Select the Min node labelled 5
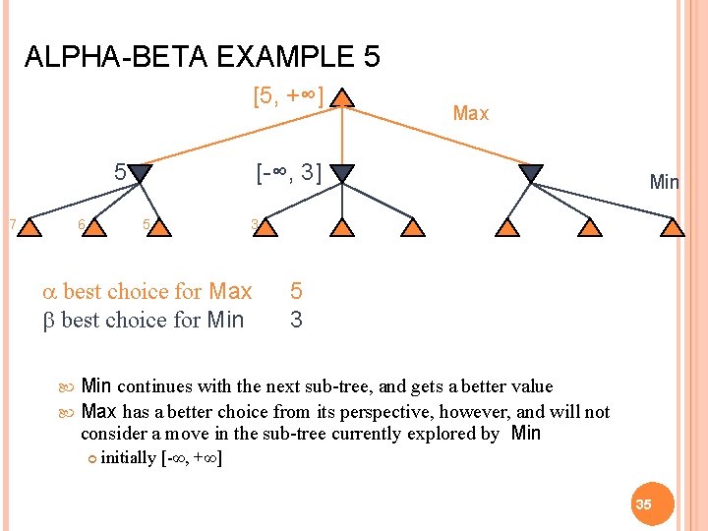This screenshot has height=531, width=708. pyautogui.click(x=141, y=174)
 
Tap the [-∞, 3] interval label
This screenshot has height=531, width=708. pyautogui.click(x=288, y=174)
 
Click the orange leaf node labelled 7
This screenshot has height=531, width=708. pyautogui.click(x=31, y=228)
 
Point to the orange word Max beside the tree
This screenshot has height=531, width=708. pyautogui.click(x=470, y=113)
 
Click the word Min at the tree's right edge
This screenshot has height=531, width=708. pyautogui.click(x=665, y=182)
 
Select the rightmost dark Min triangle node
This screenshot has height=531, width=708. pyautogui.click(x=530, y=174)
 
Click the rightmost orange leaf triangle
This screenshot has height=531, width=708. pyautogui.click(x=672, y=228)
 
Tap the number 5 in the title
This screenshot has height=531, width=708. pyautogui.click(x=371, y=57)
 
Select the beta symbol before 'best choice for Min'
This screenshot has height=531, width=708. pyautogui.click(x=50, y=320)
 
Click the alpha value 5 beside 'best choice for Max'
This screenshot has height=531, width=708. pyautogui.click(x=296, y=292)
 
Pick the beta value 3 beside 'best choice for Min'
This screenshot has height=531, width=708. pyautogui.click(x=296, y=320)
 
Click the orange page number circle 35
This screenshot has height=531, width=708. pyautogui.click(x=643, y=503)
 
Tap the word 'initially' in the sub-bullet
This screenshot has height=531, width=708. pyautogui.click(x=128, y=457)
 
